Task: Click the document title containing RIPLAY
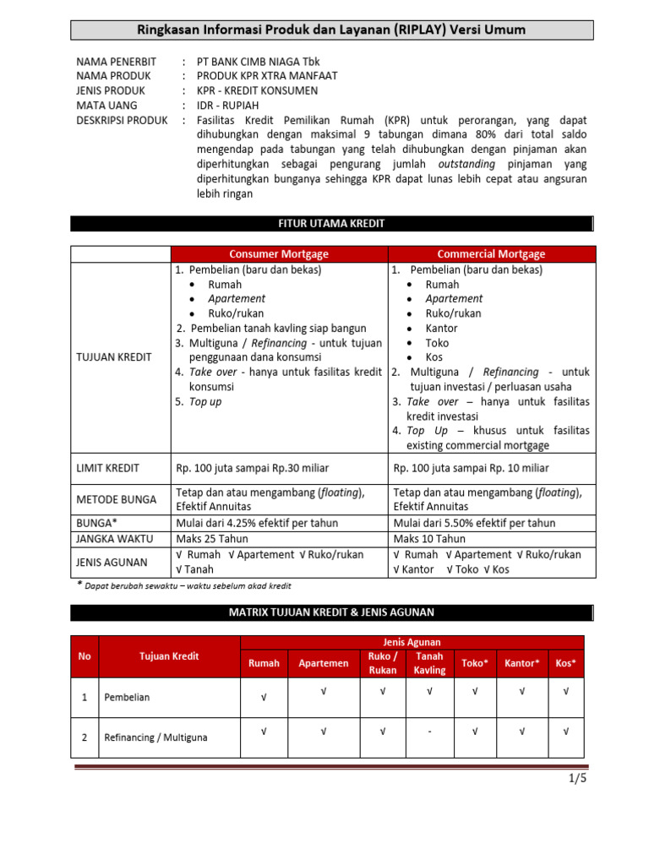pyautogui.click(x=331, y=30)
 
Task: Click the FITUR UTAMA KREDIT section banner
pyautogui.click(x=331, y=224)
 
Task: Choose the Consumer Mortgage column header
pyautogui.click(x=279, y=253)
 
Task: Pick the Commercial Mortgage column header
pyautogui.click(x=491, y=253)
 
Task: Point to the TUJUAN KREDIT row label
pyautogui.click(x=114, y=356)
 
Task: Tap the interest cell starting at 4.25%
pyautogui.click(x=256, y=523)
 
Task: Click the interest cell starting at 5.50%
pyautogui.click(x=474, y=523)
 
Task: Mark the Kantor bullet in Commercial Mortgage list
pyautogui.click(x=442, y=328)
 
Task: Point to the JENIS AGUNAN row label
pyautogui.click(x=111, y=562)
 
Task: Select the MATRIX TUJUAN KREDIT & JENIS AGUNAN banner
pyautogui.click(x=331, y=612)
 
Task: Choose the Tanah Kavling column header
pyautogui.click(x=429, y=662)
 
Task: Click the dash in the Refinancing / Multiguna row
pyautogui.click(x=429, y=732)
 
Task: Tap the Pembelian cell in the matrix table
pyautogui.click(x=128, y=698)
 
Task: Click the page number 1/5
pyautogui.click(x=577, y=779)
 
